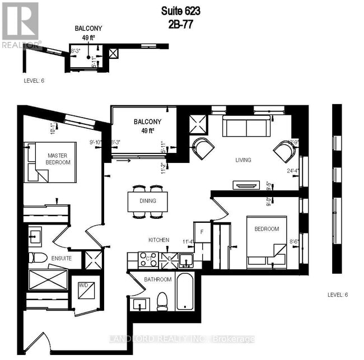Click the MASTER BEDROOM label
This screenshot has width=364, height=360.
pyautogui.click(x=58, y=158)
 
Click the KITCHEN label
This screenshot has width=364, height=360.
pyautogui.click(x=158, y=240)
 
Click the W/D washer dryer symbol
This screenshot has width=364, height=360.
pyautogui.click(x=86, y=289)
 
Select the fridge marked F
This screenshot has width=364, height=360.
pyautogui.click(x=202, y=232)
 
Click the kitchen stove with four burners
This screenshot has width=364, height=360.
pyautogui.click(x=149, y=260)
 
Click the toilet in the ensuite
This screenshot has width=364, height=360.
pyautogui.click(x=38, y=258)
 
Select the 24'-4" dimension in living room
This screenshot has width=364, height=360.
pyautogui.click(x=293, y=171)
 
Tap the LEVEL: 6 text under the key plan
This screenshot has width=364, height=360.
pyautogui.click(x=34, y=81)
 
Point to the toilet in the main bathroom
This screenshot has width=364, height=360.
pyautogui.click(x=163, y=301)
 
